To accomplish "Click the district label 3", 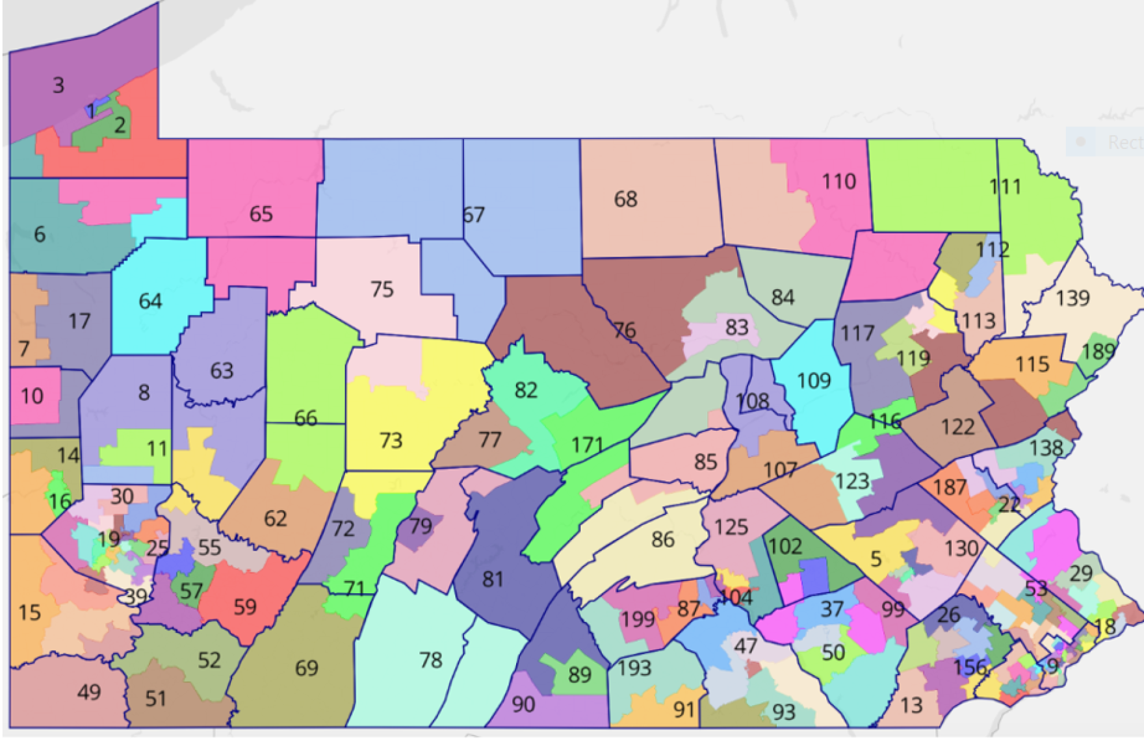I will pos(58,85).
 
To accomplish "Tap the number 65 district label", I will pos(261,214).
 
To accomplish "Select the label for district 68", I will pos(625,199).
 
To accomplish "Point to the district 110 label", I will pos(838,181).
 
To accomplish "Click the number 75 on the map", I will pos(382,289).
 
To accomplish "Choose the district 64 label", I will pos(150,301).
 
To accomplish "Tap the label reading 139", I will pos(1072,298).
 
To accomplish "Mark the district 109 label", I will pos(814,380).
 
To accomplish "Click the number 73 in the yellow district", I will pos(391,441).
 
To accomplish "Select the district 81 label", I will pos(493,579).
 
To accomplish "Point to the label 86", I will pos(662,539).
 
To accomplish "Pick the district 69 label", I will pos(306,668).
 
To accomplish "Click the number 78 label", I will pos(430,660).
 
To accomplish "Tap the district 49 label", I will pos(89,692).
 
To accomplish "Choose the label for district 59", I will pos(245,607).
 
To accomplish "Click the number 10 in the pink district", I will pos(32,396).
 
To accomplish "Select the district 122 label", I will pos(957,427).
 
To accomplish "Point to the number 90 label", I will pos(523,704).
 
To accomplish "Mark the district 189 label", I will pos(1098,352).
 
